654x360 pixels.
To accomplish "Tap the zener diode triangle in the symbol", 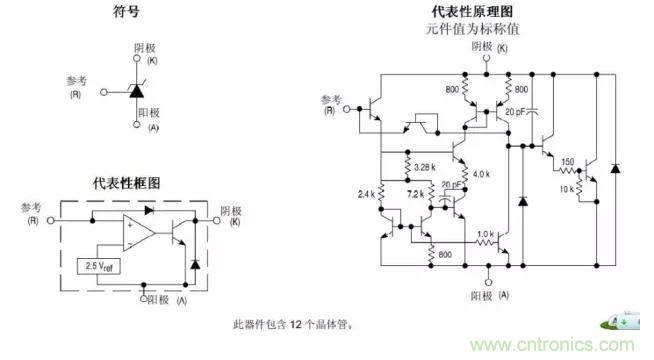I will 136,91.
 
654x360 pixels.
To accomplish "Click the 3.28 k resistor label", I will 421,165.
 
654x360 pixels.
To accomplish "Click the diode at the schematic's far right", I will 616,165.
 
